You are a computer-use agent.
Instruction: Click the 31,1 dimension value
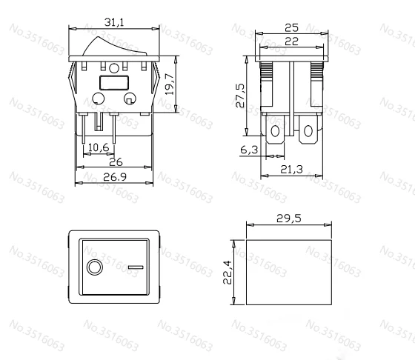tap(114, 22)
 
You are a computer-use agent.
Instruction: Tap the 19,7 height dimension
tap(170, 84)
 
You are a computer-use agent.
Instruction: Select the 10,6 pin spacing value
tap(99, 147)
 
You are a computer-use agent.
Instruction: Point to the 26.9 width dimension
tap(115, 177)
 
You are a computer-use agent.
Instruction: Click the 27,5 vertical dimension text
tap(241, 96)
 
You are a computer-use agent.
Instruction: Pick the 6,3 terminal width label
tap(249, 150)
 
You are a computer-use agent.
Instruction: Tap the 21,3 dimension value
tap(291, 170)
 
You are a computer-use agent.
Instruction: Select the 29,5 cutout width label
tap(289, 219)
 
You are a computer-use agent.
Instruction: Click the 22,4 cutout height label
tap(228, 273)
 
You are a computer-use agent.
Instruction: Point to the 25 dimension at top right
tap(292, 27)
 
